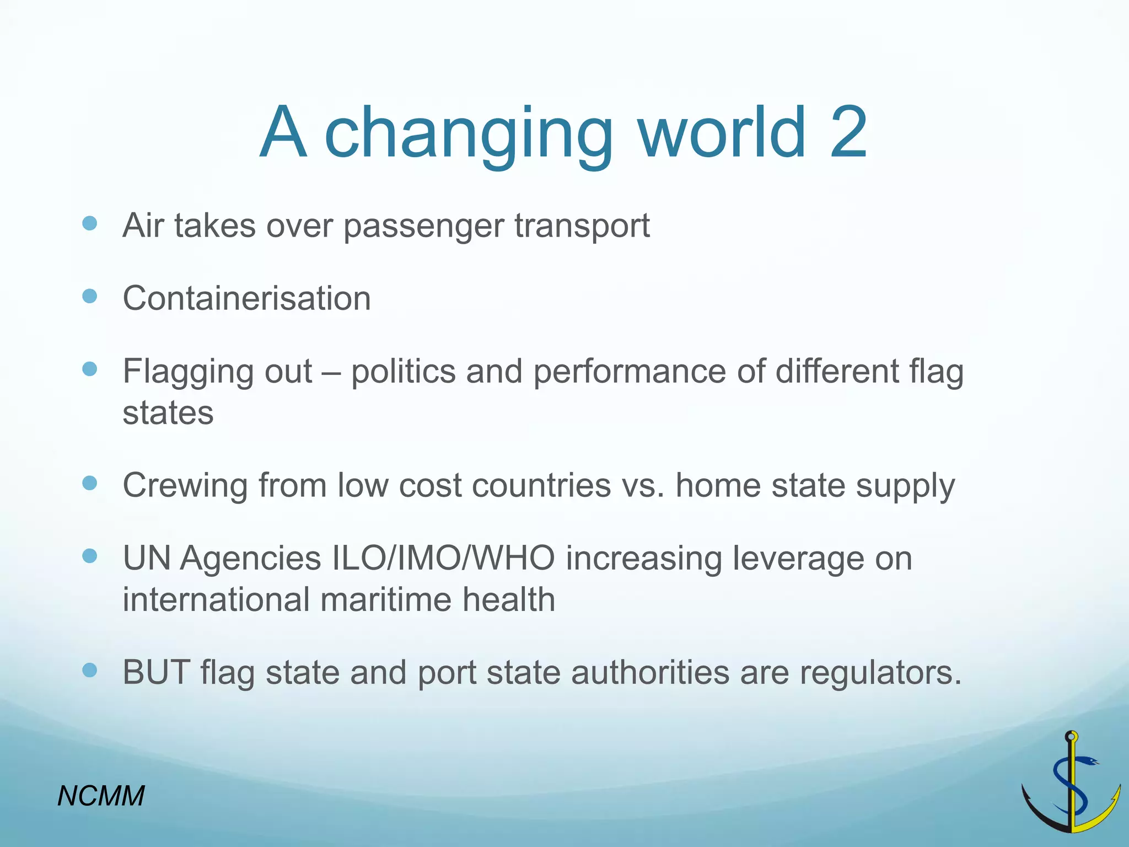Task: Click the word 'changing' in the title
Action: coord(469,135)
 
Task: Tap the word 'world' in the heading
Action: coord(723,132)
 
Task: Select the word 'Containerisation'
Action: coord(246,298)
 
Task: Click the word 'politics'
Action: coord(404,371)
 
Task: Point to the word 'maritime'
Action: coord(385,599)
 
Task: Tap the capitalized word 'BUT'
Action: coord(156,672)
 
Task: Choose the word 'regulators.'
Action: coord(880,674)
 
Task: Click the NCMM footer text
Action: coord(101,796)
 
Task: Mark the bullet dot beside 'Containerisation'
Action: coord(89,296)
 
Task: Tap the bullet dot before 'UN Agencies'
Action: coord(89,556)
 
